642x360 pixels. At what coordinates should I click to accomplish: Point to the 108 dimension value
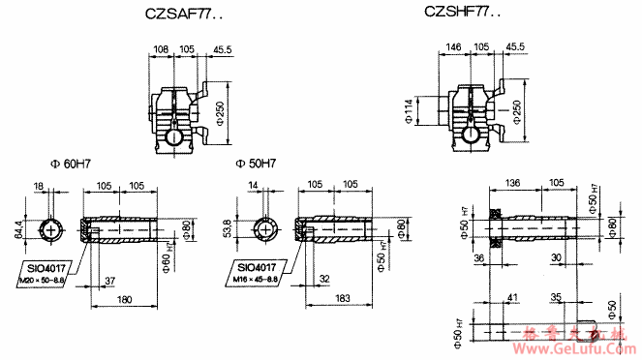[x=162, y=48]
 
